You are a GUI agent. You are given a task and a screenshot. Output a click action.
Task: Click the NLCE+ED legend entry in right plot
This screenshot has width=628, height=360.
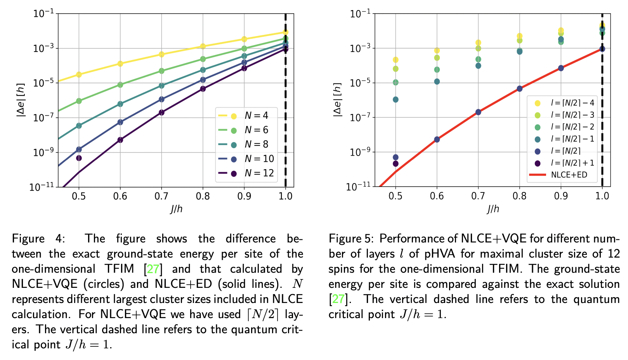click(x=559, y=175)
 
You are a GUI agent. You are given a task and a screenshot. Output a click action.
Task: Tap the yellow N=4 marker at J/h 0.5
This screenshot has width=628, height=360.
click(x=79, y=74)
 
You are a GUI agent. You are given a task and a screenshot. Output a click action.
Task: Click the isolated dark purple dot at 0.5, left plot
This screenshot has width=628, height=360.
click(x=79, y=158)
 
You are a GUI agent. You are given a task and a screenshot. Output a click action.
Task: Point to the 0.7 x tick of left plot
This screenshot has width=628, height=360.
click(x=161, y=196)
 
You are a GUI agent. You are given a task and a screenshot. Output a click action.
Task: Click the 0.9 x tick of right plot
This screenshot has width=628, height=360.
click(x=561, y=196)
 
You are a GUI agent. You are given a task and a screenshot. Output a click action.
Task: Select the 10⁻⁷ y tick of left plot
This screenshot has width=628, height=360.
click(x=43, y=118)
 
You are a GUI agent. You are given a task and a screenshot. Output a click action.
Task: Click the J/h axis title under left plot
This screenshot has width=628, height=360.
click(x=176, y=209)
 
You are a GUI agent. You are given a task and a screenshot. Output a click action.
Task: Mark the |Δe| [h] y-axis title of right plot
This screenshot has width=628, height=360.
click(x=338, y=100)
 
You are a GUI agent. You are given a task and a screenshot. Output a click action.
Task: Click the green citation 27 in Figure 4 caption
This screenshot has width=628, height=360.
click(x=153, y=269)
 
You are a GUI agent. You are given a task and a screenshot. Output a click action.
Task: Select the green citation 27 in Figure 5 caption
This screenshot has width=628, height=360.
click(x=338, y=299)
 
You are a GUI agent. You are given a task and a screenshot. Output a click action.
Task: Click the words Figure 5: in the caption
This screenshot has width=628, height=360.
click(x=351, y=239)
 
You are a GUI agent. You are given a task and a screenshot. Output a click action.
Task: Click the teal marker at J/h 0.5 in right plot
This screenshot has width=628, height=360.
click(x=396, y=100)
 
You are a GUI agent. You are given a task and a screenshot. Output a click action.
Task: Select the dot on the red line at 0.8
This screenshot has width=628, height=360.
click(x=519, y=88)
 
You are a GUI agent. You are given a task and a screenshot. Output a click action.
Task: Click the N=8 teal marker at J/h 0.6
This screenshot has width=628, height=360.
click(x=120, y=104)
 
